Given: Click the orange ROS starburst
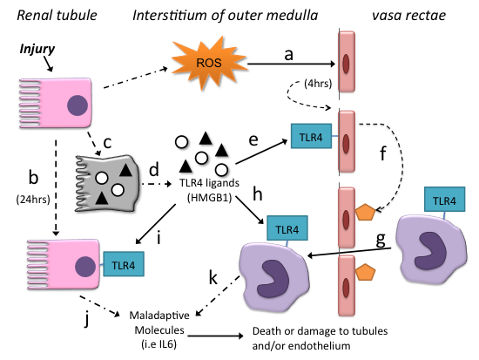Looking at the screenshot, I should coord(204,62).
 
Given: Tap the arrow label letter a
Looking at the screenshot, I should coord(287,54).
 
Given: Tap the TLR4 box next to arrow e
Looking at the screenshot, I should coord(306,135).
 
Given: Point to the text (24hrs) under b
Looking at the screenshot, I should coord(34,196).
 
